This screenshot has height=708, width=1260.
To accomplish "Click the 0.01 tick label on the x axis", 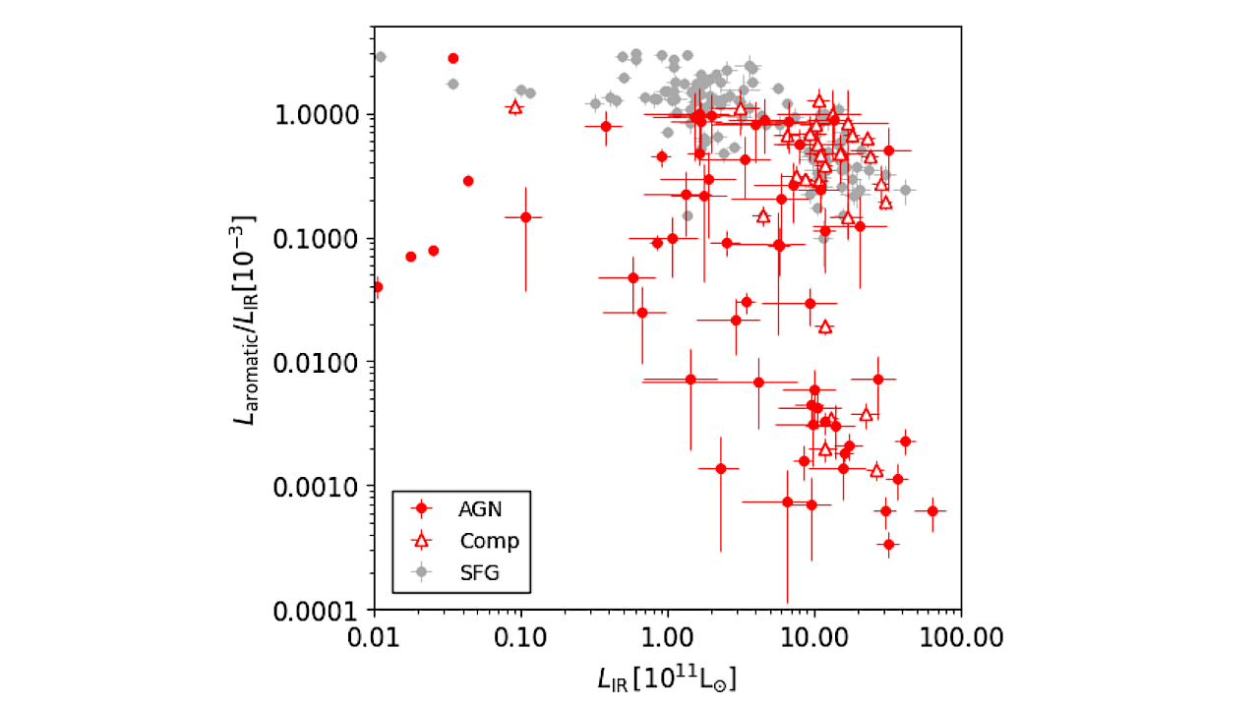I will (374, 636).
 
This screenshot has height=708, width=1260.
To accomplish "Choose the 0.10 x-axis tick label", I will (520, 636).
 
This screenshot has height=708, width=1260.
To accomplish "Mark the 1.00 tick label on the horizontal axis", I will (667, 636).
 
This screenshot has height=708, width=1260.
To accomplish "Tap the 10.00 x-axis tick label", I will (813, 636).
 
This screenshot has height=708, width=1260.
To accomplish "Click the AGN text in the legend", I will (481, 508).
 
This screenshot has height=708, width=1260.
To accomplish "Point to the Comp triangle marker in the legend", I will (422, 540).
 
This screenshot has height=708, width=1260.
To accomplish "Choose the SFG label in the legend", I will (479, 572).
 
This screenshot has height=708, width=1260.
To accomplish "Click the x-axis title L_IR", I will (667, 679).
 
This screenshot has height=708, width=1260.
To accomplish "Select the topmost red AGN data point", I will (452, 58).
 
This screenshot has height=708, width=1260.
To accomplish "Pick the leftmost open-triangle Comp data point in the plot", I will (514, 106).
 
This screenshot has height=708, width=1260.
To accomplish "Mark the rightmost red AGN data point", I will (932, 510).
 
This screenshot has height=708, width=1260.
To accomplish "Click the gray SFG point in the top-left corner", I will (381, 56).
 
